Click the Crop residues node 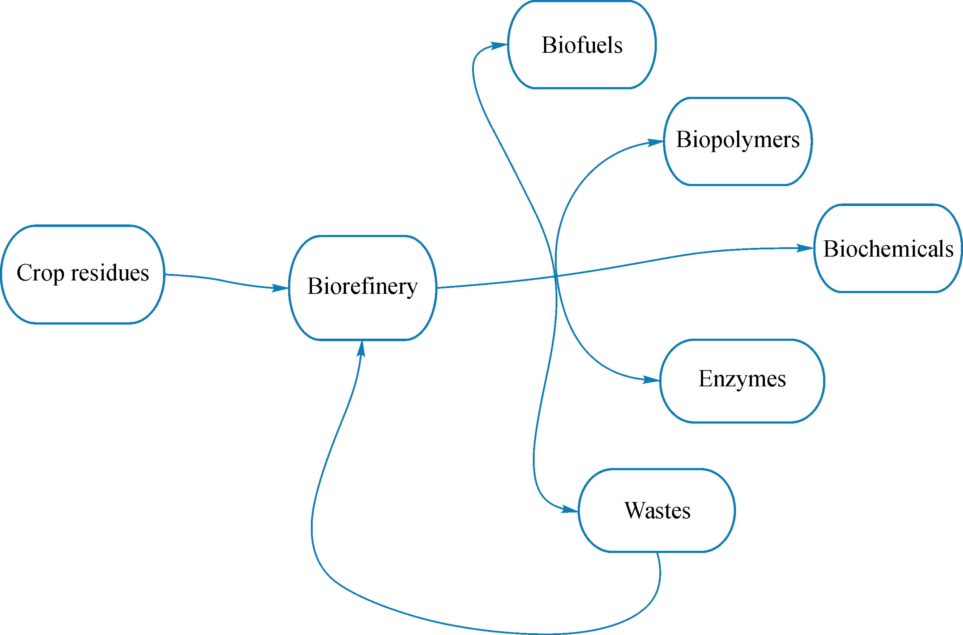point(83,275)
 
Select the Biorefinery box point(363,288)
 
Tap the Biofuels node point(582,44)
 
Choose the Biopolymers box point(738,141)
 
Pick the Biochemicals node point(888,248)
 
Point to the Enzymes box point(742,381)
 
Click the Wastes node point(657,511)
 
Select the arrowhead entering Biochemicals point(805,248)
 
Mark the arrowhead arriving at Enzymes point(652,380)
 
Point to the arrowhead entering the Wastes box point(569,510)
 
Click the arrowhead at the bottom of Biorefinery point(361,349)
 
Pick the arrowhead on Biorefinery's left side point(280,288)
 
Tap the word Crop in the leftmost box point(40,274)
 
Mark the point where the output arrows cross point(556,276)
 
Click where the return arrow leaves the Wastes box point(657,552)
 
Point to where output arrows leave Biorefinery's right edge point(437,288)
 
